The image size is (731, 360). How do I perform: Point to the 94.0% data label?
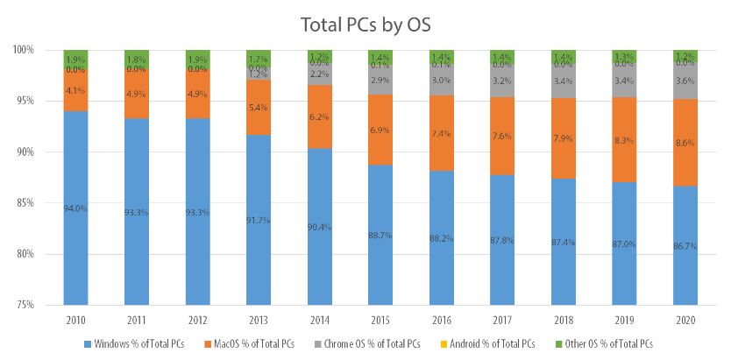click(77, 208)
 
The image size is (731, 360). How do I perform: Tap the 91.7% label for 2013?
click(259, 220)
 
